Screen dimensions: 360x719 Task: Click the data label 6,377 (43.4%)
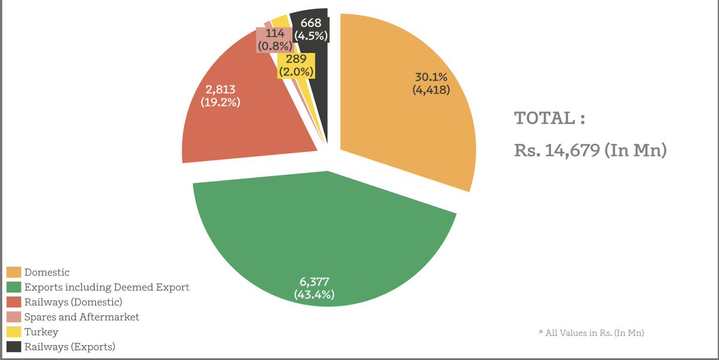[x=315, y=288]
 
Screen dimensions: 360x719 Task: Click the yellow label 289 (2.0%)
[x=296, y=65]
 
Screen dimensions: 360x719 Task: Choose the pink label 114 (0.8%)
[x=274, y=40]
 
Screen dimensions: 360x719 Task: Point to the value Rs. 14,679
[x=590, y=150]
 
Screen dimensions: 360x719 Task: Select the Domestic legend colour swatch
[x=14, y=273]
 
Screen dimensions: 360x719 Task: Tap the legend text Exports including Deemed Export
[x=107, y=288]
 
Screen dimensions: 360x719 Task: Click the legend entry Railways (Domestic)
[x=73, y=302]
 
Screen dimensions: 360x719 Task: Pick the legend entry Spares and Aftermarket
[x=81, y=317]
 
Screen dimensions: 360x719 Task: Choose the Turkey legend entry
[x=41, y=332]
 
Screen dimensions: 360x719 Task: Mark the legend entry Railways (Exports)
[x=70, y=347]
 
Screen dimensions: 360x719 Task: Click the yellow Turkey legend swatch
[x=14, y=332]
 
